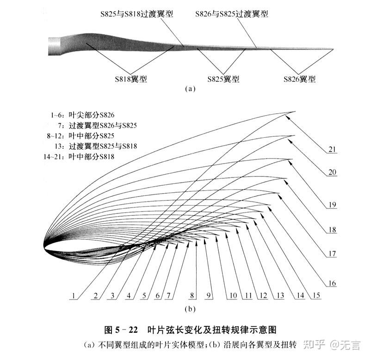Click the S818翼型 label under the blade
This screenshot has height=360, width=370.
pos(131,79)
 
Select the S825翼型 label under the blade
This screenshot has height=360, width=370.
pos(223,79)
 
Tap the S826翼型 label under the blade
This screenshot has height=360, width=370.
pos(300,79)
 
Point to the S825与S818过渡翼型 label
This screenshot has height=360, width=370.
pos(137,14)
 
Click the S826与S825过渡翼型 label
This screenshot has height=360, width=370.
pos(232,14)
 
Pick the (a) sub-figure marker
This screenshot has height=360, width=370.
pos(190,89)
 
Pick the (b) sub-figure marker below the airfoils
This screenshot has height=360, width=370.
pos(190,309)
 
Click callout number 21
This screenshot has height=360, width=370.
pos(332,149)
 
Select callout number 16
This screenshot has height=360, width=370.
pos(332,283)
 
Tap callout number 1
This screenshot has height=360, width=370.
pos(74,296)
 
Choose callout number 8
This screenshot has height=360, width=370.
pos(192,295)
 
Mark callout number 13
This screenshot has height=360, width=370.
pos(280,295)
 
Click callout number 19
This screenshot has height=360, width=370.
pos(332,205)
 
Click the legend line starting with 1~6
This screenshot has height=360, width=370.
pos(83,115)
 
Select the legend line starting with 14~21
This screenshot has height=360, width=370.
pos(79,157)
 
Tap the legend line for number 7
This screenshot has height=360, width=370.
pos(98,125)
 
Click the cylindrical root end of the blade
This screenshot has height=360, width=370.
pos(54,46)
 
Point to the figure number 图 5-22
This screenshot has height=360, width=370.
pos(121,329)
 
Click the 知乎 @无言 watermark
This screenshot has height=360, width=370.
pos(332,345)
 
